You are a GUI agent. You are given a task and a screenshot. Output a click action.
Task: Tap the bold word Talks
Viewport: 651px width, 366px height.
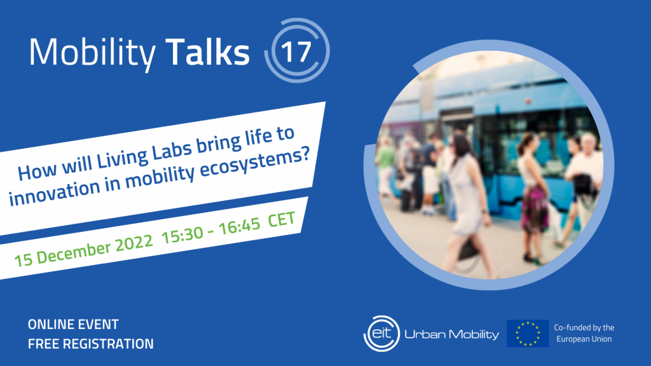[x=208, y=53]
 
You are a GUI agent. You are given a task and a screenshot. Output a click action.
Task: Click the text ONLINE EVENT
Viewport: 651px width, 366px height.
[x=73, y=325]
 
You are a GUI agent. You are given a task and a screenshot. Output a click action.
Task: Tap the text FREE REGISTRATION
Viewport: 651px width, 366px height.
[x=90, y=344]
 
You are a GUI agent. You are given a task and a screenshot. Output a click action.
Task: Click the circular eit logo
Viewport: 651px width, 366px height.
[x=381, y=332]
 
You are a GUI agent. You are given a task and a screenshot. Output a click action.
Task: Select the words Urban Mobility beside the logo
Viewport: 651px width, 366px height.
[x=452, y=333]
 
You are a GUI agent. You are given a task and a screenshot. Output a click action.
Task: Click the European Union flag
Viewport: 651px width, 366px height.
[x=528, y=333]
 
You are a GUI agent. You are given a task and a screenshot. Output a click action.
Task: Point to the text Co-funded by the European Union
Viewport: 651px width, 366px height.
[x=583, y=333]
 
